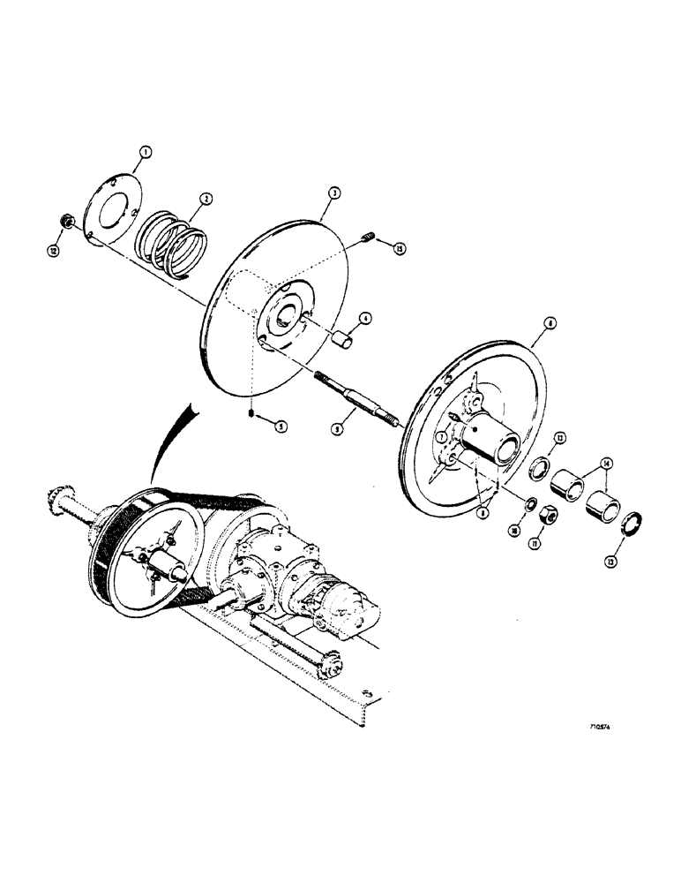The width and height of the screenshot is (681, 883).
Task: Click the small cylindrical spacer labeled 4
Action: [346, 340]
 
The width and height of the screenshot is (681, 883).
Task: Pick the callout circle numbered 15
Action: [400, 251]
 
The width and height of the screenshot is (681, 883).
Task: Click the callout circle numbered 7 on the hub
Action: [438, 436]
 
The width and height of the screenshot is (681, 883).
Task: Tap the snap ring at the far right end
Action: [634, 525]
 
